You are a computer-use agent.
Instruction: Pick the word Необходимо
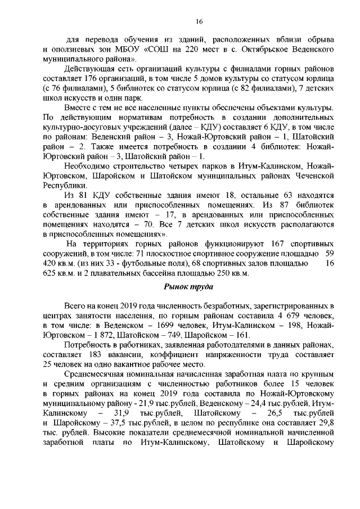[90, 165]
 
